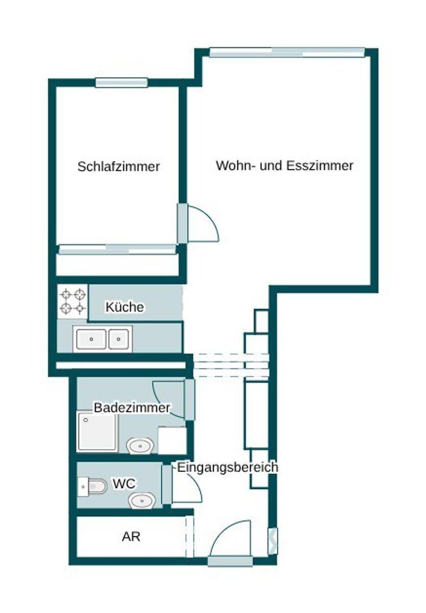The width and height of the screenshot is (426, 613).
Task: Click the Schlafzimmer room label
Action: (x=118, y=167)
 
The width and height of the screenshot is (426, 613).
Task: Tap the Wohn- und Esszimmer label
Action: (x=285, y=166)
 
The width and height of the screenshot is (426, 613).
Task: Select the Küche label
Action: (x=124, y=307)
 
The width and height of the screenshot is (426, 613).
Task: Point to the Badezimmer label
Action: (x=132, y=408)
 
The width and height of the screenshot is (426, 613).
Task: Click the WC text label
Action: (x=124, y=484)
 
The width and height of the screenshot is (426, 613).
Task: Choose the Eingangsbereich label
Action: (x=228, y=467)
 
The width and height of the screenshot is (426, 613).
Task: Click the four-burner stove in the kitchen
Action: (x=72, y=301)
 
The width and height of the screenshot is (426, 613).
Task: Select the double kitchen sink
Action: (x=103, y=339)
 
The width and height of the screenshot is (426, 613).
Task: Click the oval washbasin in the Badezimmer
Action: (x=140, y=445)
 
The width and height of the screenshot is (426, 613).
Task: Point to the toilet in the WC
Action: (x=92, y=486)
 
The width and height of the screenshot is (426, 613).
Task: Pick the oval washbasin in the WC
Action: (x=142, y=501)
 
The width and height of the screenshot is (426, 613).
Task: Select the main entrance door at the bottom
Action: (x=230, y=561)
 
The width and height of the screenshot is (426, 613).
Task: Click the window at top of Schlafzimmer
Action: (x=121, y=83)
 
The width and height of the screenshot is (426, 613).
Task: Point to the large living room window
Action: (x=287, y=53)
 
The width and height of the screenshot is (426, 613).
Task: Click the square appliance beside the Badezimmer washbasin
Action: (x=172, y=440)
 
